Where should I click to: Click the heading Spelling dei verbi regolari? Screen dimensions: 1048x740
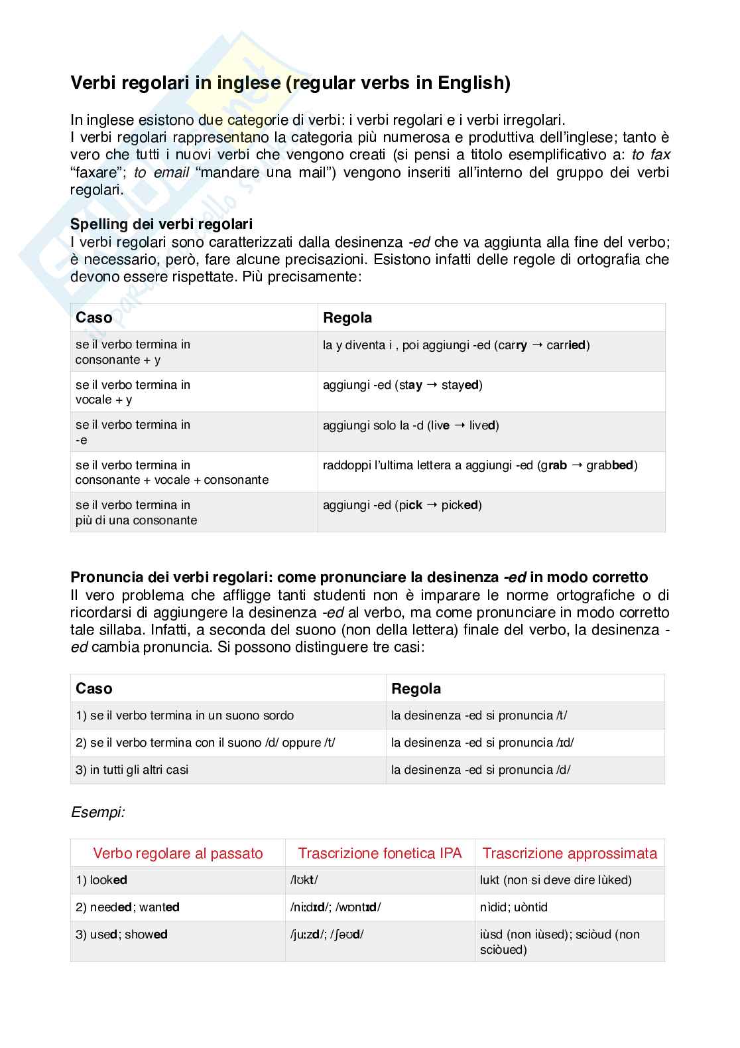tap(161, 224)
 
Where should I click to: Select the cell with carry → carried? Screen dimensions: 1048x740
tap(456, 345)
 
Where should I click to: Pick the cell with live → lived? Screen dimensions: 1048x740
tap(410, 425)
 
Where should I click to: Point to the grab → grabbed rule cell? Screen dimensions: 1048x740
tap(479, 465)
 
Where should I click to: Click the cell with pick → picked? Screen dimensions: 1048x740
tap(402, 505)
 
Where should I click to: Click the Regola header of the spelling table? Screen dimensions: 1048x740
tap(347, 318)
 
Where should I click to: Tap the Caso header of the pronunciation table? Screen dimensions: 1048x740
tap(94, 688)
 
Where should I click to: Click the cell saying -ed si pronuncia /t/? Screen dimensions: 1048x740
tap(479, 715)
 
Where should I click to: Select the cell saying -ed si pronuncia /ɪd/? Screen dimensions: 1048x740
tap(482, 743)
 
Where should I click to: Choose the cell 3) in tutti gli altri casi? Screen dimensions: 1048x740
tap(132, 770)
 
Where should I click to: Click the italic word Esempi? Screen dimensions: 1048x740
tap(98, 812)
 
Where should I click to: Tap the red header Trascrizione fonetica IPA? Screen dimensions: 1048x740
tap(379, 853)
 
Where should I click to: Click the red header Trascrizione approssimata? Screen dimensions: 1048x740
tap(570, 853)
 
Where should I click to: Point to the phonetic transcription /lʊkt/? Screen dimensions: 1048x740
tap(304, 880)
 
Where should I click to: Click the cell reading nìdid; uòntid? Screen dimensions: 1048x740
tap(514, 907)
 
